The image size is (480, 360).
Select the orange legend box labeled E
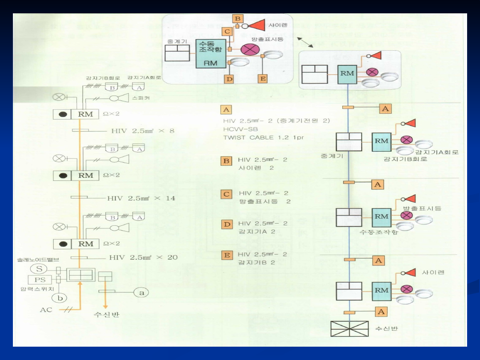227,256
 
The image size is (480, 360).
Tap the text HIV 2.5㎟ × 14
141,198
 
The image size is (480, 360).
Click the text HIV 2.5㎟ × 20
143,258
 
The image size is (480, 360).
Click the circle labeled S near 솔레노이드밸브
39,268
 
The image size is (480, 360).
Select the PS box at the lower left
40,280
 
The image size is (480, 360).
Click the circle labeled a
142,292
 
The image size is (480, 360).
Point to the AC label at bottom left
46,309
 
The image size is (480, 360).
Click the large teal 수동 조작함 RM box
211,53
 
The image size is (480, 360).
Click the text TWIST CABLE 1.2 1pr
263,138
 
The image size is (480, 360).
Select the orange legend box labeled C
227,194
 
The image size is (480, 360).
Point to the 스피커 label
141,97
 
